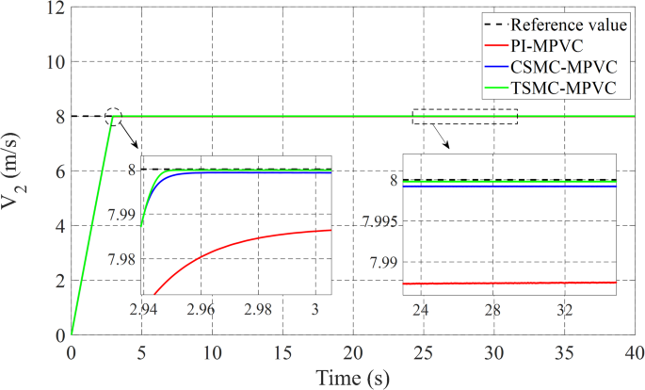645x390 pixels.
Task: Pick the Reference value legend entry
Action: coord(577,24)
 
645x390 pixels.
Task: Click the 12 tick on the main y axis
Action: coord(54,8)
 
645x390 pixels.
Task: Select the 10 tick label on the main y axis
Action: coord(54,62)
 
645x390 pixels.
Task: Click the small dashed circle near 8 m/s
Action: coord(114,117)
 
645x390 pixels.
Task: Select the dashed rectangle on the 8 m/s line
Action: coord(465,116)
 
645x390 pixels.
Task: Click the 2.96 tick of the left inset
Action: coord(201,309)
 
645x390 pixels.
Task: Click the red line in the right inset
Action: coord(508,283)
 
